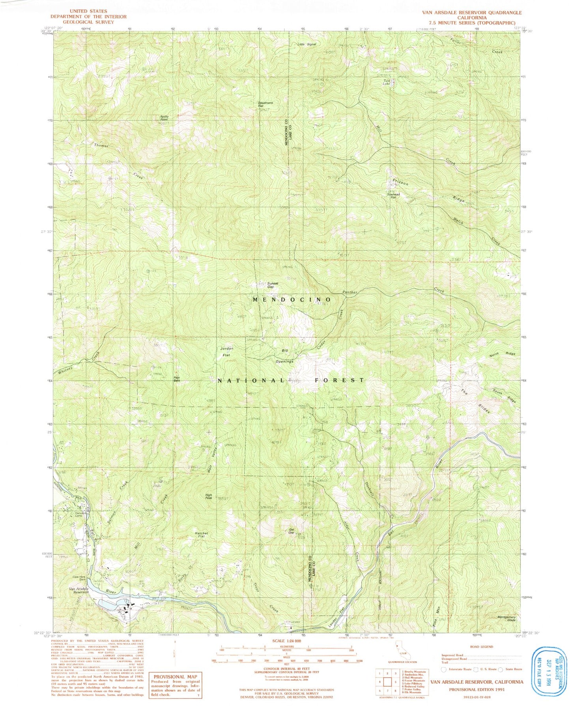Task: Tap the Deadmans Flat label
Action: point(265,104)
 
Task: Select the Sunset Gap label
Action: point(273,285)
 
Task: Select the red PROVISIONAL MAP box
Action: point(175,686)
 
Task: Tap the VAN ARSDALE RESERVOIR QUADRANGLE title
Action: point(472,13)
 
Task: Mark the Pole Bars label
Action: point(177,379)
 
